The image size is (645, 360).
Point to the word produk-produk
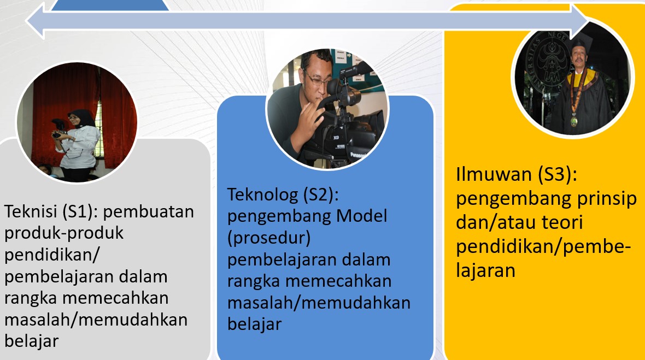click(64, 233)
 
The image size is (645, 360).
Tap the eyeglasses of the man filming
click(317, 78)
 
